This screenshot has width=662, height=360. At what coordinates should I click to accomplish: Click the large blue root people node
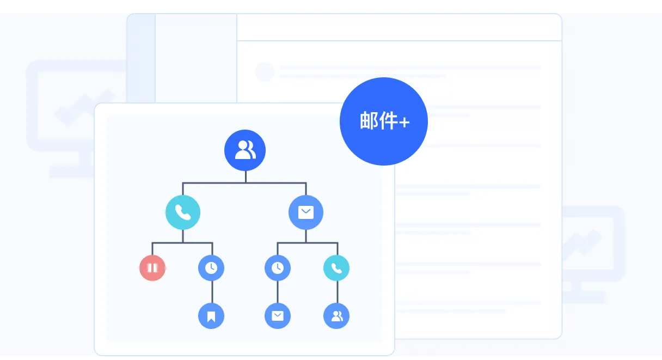click(245, 150)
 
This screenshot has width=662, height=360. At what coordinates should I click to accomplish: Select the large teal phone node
click(183, 212)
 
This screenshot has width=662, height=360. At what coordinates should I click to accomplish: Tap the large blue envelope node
click(306, 212)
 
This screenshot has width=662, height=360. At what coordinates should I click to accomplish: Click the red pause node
click(152, 268)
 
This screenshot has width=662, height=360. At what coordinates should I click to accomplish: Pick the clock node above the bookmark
click(211, 268)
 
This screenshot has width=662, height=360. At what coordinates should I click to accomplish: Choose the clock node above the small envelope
click(278, 268)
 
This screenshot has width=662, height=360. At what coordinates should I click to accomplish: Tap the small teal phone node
click(336, 268)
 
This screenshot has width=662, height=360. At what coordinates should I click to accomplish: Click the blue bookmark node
click(211, 316)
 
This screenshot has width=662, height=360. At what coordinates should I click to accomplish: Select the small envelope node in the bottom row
click(278, 316)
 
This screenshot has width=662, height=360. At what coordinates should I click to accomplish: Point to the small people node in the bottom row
click(336, 316)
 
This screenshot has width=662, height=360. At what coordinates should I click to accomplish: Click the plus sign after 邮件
click(404, 122)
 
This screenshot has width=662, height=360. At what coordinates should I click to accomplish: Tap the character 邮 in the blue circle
click(370, 121)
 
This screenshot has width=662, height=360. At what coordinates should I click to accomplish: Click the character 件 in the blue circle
click(389, 121)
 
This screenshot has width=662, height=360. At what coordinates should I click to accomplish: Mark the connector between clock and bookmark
click(212, 292)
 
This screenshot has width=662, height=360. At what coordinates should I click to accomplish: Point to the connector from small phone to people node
click(337, 292)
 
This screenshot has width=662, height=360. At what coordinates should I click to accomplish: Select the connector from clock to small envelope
click(278, 292)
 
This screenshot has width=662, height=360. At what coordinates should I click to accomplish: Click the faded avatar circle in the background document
click(265, 71)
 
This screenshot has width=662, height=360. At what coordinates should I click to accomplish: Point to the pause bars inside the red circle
click(152, 268)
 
